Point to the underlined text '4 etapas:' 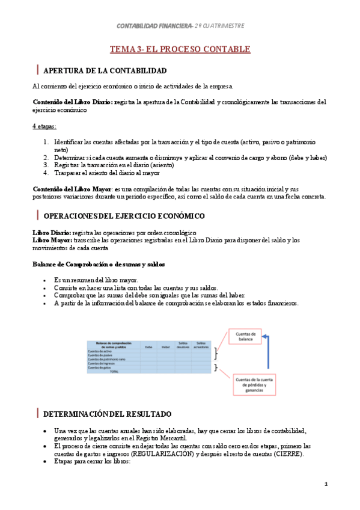tap(44, 126)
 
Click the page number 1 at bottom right tap(326, 484)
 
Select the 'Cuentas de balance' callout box tap(246, 336)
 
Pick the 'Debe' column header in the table tap(148, 346)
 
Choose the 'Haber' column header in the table tap(166, 346)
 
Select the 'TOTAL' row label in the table tap(114, 372)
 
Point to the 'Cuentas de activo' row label tap(100, 351)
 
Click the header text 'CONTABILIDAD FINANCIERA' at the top tap(154, 26)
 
